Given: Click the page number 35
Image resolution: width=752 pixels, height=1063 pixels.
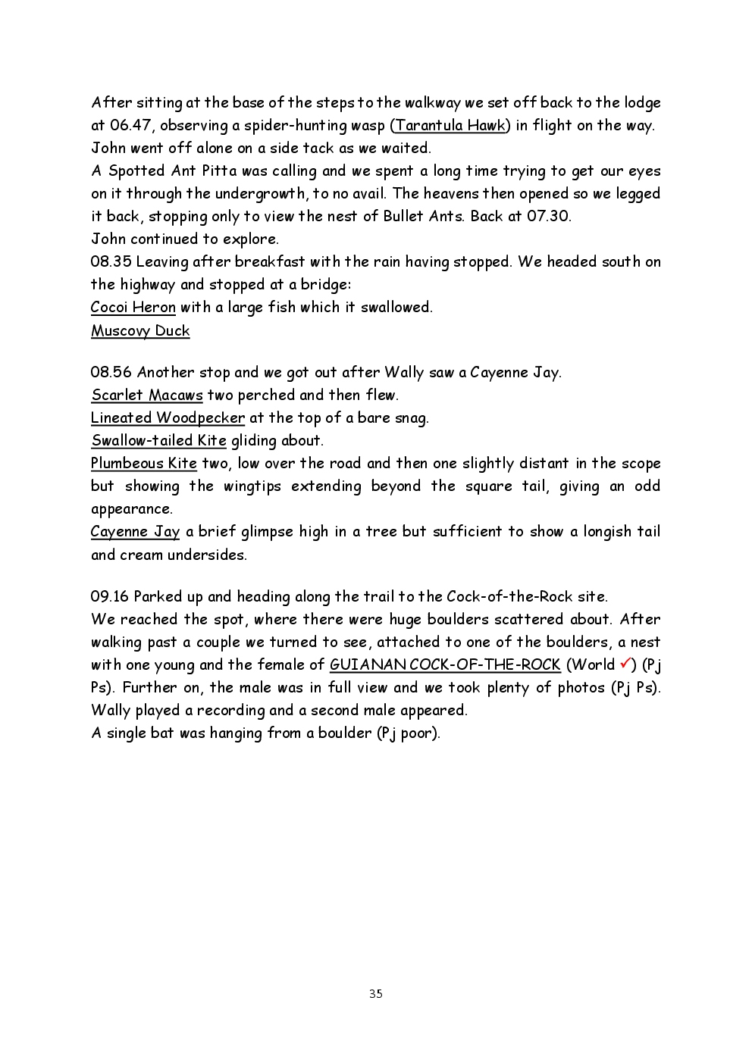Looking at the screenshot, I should point(376,994).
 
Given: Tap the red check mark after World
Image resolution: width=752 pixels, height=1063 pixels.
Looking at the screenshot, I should point(625,664).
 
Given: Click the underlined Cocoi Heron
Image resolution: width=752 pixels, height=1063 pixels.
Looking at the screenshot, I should point(133,308).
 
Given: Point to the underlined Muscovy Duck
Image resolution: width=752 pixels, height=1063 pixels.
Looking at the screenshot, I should point(140,331).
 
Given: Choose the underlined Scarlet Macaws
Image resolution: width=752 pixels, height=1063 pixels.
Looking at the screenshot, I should point(147,395).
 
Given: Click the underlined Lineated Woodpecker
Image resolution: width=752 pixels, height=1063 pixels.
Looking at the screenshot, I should point(168,418).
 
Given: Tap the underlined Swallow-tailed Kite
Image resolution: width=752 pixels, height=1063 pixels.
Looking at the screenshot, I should point(158,441).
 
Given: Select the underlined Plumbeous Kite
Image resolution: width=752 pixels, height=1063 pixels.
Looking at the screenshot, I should point(143,464).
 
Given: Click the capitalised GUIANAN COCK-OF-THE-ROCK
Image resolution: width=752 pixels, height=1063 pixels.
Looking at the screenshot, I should point(445,665).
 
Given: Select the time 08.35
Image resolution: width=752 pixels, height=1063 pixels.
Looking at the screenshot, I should point(111,262).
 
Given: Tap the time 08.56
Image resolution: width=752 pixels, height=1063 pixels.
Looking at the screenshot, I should point(111,373).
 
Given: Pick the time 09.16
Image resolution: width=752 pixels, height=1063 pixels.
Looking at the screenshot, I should point(110,597).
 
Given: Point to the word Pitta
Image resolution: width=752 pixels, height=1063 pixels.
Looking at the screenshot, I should point(219,171).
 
